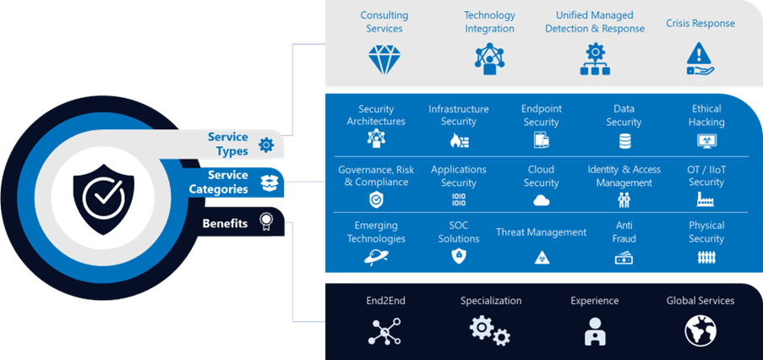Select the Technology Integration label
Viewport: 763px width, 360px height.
point(489,22)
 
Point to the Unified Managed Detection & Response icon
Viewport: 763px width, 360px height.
point(594,59)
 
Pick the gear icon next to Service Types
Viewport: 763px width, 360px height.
point(266,145)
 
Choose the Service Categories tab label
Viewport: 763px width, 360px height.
point(218,182)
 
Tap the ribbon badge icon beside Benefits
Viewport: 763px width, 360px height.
point(266,222)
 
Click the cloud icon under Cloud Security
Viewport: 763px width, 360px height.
point(541,200)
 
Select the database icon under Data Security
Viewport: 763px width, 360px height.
point(624,141)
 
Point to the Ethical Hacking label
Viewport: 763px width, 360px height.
point(706,116)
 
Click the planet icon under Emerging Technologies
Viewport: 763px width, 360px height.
point(376,258)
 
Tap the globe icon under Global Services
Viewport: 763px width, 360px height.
point(700,330)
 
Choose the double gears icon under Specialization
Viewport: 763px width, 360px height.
point(490,330)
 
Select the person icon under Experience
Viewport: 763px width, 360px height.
point(595,330)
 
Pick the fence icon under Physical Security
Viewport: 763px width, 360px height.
point(706,257)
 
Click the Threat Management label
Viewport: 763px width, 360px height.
point(541,232)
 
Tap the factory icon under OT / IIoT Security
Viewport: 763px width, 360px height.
point(706,200)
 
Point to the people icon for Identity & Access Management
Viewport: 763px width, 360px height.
point(624,200)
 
